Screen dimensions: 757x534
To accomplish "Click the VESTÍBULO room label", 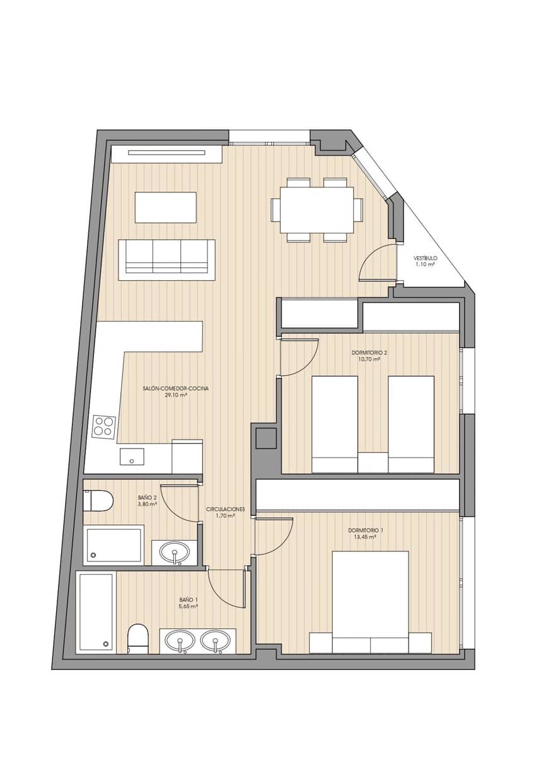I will pos(425,259).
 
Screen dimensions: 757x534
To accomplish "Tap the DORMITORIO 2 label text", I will pos(369,353).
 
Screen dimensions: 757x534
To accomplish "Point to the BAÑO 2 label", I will pos(147,498).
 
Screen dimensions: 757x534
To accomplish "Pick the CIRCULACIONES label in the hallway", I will pos(225,509).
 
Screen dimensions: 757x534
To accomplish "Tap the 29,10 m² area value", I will pos(176,395).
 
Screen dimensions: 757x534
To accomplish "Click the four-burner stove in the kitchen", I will pos(104,427).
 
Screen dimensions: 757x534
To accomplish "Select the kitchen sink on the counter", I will pos(132,456).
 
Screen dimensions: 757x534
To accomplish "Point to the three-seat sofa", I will pos(166,259).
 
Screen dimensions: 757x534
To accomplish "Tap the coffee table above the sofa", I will pos(165,208).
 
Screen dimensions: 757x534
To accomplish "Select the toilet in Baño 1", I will pos(137,638).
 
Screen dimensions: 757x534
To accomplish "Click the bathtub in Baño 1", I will pos(96,612).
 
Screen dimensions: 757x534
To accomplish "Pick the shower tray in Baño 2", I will pos(113,545).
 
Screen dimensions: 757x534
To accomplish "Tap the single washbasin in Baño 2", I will pos(175,553).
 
